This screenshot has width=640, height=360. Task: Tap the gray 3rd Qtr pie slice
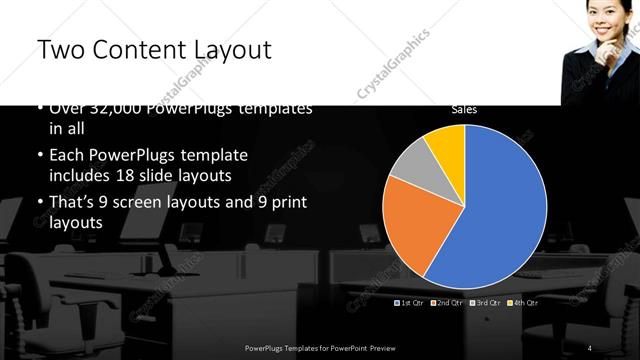(x=410, y=170)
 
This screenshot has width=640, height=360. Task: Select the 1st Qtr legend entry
(x=410, y=301)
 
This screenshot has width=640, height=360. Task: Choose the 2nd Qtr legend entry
(x=447, y=301)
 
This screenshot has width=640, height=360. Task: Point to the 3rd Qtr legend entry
(x=485, y=301)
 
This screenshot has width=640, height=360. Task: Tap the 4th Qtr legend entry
(x=523, y=301)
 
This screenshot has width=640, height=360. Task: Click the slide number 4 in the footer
(x=590, y=347)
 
